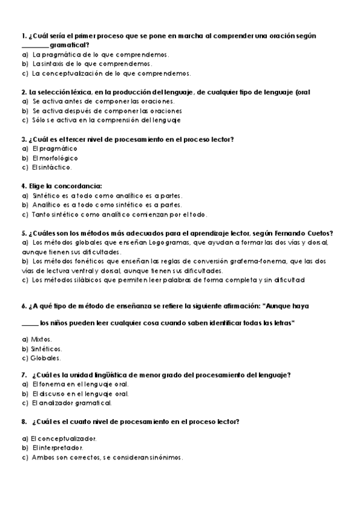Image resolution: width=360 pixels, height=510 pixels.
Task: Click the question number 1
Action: [23, 36]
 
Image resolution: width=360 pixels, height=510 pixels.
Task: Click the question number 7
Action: [23, 375]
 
